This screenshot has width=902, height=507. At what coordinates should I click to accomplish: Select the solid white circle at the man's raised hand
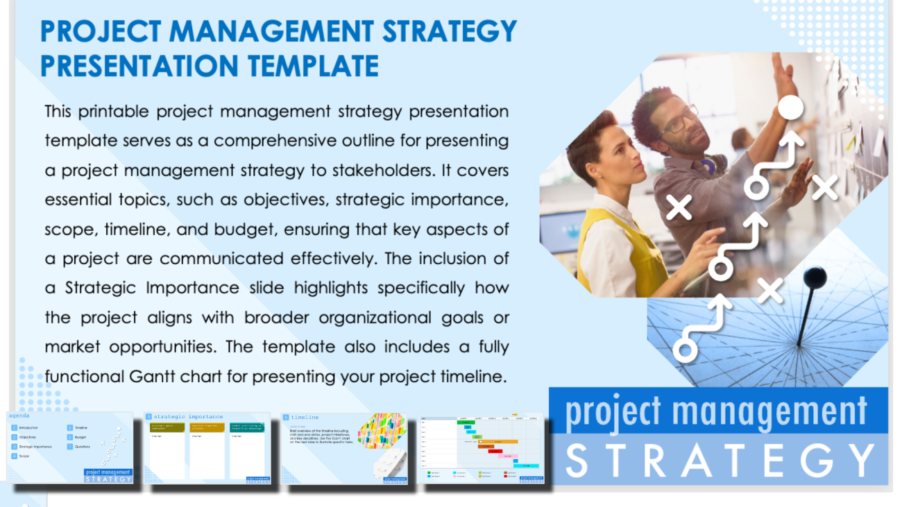coord(790,108)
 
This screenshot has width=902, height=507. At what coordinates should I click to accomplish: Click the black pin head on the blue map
coord(814,277)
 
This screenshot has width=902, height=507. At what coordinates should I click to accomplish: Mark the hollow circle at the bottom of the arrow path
coord(686,349)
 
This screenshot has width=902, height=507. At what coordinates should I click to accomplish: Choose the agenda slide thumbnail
coord(70,447)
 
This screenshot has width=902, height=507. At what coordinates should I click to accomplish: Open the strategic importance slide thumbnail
coord(207,447)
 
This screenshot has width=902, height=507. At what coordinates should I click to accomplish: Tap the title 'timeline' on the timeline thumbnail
coord(305,418)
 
